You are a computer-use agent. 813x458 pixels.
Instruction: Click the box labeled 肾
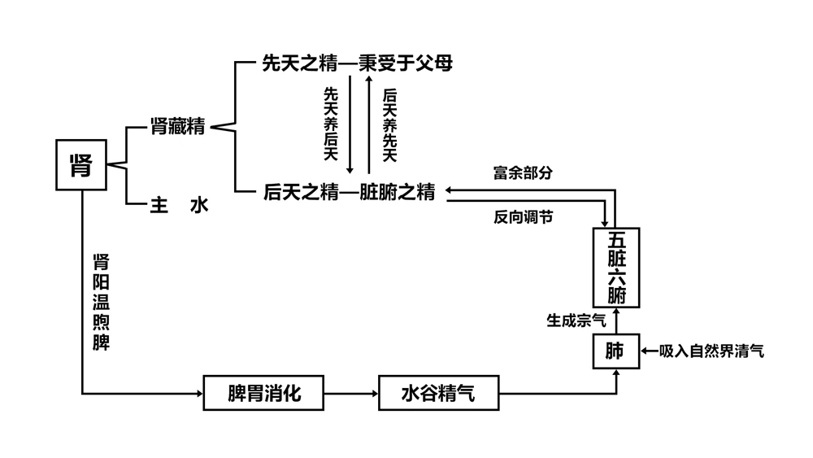click(x=82, y=166)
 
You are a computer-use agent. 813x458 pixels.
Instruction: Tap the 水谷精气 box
click(x=437, y=395)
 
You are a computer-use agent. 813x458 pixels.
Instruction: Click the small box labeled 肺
click(x=615, y=351)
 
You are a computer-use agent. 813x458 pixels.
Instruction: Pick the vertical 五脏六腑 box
click(x=615, y=268)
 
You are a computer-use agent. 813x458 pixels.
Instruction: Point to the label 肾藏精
click(x=177, y=126)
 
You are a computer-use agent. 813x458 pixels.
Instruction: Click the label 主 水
click(x=180, y=205)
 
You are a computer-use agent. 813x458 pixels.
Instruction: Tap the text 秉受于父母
click(x=406, y=63)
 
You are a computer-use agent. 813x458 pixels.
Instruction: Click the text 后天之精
click(x=299, y=192)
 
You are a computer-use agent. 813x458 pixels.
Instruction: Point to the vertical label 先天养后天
click(x=331, y=124)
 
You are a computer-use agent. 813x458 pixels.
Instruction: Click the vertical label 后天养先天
click(x=389, y=124)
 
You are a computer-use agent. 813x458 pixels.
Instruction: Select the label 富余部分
click(x=523, y=173)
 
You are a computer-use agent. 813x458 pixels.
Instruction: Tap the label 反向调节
click(x=523, y=217)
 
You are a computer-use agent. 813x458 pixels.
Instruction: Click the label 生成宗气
click(x=576, y=321)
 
